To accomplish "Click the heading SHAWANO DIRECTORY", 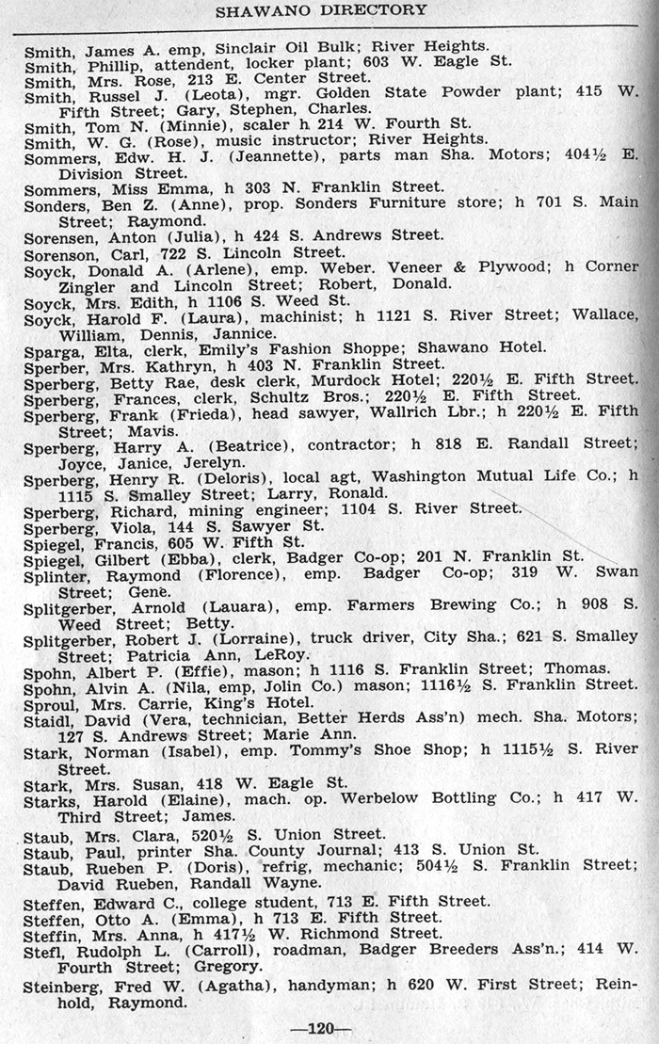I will point(321,10).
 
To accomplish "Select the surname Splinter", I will point(56,575).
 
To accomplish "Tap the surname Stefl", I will point(45,951).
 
